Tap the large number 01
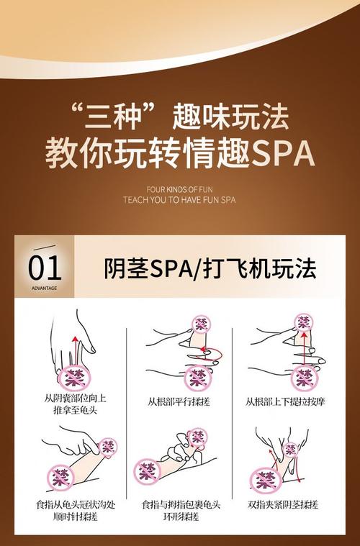pyautogui.click(x=45, y=268)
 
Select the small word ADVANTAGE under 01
pyautogui.click(x=45, y=288)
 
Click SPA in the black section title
pyautogui.click(x=168, y=268)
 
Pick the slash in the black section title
pyautogui.click(x=196, y=268)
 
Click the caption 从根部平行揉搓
pyautogui.click(x=179, y=401)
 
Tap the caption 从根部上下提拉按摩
pyautogui.click(x=285, y=401)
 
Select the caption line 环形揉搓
pyautogui.click(x=179, y=517)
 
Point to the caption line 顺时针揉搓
pyautogui.click(x=74, y=517)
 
